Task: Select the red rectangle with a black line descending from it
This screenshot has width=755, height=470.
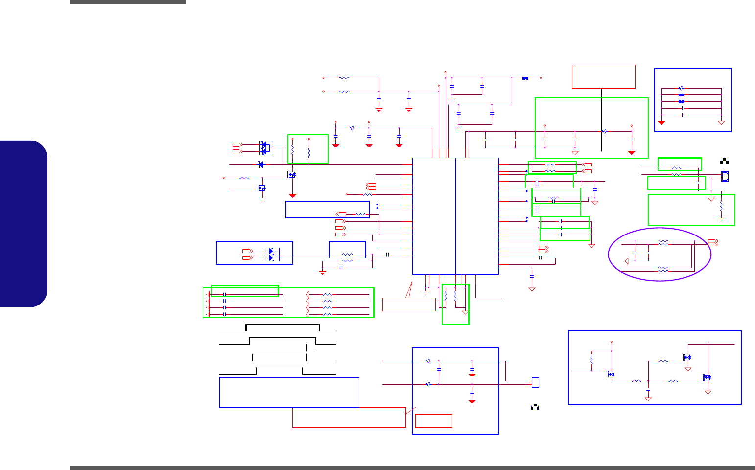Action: [603, 76]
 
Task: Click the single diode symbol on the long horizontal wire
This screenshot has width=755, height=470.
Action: [260, 164]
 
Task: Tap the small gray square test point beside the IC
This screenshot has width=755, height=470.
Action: [402, 198]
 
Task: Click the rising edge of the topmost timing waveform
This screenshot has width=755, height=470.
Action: [246, 328]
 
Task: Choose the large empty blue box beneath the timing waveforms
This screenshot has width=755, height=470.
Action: [289, 392]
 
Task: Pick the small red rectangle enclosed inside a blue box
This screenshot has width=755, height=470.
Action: [433, 421]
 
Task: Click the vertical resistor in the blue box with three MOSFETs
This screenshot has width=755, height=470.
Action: [591, 360]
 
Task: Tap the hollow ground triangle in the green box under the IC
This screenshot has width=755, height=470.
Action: [465, 312]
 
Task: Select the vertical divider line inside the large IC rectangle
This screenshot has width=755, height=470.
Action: [455, 216]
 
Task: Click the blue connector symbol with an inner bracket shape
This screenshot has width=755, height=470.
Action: [725, 176]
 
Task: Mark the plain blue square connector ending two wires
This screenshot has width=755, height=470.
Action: [535, 382]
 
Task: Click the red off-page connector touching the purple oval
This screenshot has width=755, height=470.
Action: [713, 242]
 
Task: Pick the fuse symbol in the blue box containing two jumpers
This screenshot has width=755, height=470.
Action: [681, 88]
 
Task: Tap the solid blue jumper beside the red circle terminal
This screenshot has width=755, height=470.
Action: [525, 78]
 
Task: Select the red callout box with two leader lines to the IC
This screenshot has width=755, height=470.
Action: [409, 304]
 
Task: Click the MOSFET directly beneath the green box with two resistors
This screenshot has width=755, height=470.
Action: [292, 174]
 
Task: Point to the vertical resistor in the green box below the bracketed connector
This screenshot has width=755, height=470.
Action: [721, 208]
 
